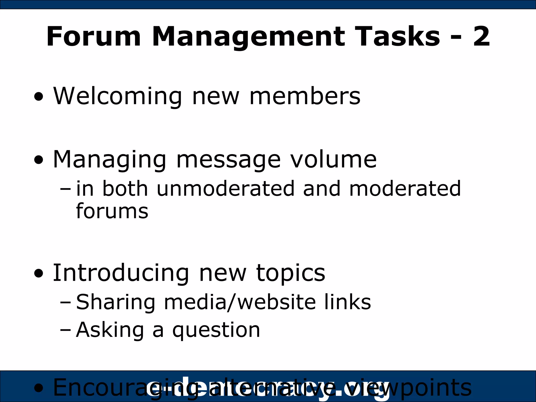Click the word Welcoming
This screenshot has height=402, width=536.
click(118, 96)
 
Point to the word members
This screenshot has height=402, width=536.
click(305, 96)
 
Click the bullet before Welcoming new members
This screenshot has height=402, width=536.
click(39, 97)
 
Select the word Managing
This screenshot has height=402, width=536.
click(109, 160)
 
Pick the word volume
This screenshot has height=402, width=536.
click(334, 160)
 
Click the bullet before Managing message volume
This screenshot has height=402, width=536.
click(39, 160)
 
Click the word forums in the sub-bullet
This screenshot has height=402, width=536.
click(112, 211)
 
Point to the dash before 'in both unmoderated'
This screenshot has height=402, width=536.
click(65, 189)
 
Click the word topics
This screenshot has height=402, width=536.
click(291, 273)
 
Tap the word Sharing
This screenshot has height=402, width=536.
click(116, 302)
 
